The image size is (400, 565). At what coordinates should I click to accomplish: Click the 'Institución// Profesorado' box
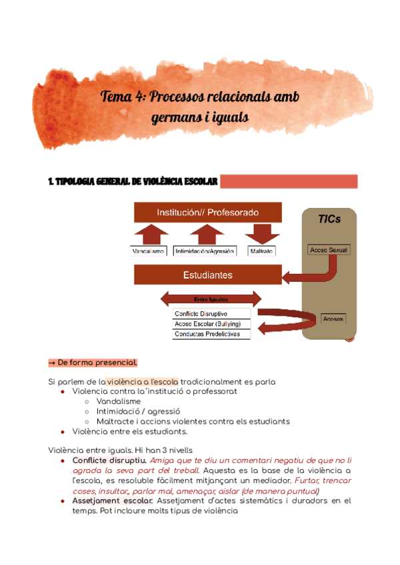click(207, 213)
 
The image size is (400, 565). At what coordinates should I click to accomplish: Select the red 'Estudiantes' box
click(207, 275)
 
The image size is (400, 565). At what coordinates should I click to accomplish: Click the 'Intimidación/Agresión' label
click(206, 251)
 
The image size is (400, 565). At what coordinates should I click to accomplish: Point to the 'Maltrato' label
click(261, 251)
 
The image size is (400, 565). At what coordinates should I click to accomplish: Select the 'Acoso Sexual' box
click(329, 250)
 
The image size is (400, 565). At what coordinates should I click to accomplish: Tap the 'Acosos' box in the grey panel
click(333, 318)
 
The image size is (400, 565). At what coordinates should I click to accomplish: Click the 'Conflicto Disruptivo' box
click(211, 313)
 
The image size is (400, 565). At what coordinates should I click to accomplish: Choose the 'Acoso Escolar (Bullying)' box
click(211, 323)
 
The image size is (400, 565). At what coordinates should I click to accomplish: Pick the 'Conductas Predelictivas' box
click(211, 333)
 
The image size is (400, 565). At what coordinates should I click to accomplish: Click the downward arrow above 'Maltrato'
click(261, 234)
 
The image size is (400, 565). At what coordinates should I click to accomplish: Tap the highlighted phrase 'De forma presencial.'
click(97, 362)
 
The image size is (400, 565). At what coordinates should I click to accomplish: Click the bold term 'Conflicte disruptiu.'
click(109, 460)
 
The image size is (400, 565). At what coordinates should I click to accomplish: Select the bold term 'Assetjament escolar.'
click(113, 500)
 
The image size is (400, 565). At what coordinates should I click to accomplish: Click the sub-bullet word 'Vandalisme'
click(119, 402)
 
